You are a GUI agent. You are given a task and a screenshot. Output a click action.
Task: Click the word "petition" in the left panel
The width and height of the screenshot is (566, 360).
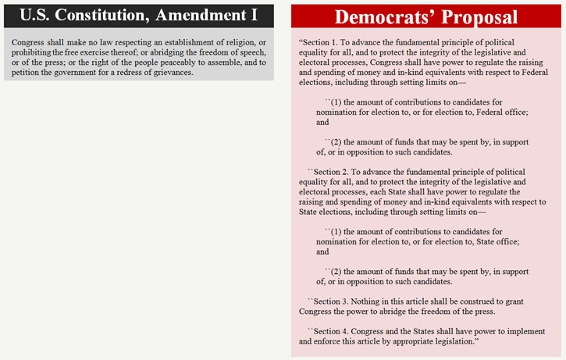click(x=28, y=72)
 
